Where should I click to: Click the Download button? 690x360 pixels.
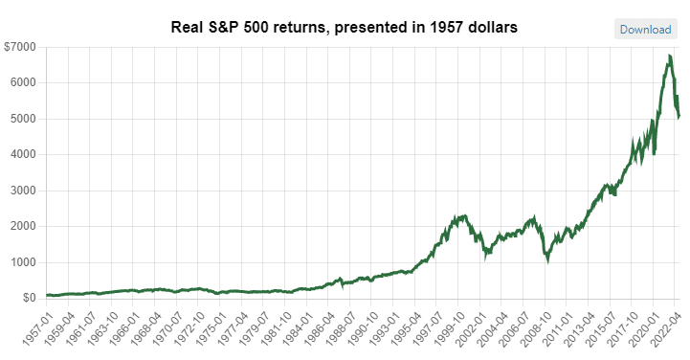click(x=645, y=29)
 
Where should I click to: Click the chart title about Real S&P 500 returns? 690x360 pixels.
click(x=344, y=28)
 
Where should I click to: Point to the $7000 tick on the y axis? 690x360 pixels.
click(x=20, y=47)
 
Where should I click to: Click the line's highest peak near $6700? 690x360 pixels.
click(x=668, y=58)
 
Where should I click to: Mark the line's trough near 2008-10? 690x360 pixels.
click(x=546, y=259)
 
